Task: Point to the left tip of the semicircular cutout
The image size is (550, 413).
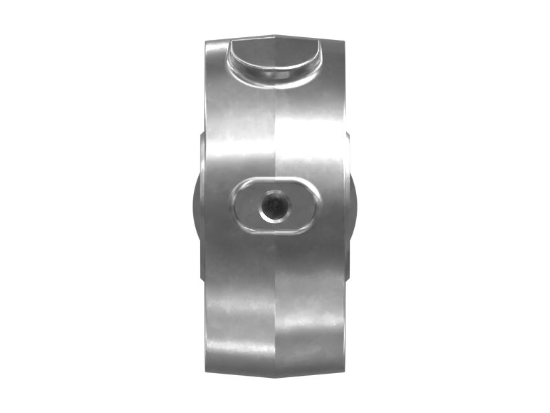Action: [232, 43]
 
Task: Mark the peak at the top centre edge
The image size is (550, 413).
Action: [275, 32]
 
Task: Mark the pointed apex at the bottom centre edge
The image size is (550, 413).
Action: [275, 378]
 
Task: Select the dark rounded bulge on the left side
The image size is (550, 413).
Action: [195, 206]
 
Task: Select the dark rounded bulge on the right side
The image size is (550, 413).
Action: [354, 206]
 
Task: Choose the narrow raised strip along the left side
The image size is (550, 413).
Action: [202, 206]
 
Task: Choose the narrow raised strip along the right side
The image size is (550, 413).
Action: [347, 206]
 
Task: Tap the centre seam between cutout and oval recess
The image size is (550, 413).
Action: [275, 131]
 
